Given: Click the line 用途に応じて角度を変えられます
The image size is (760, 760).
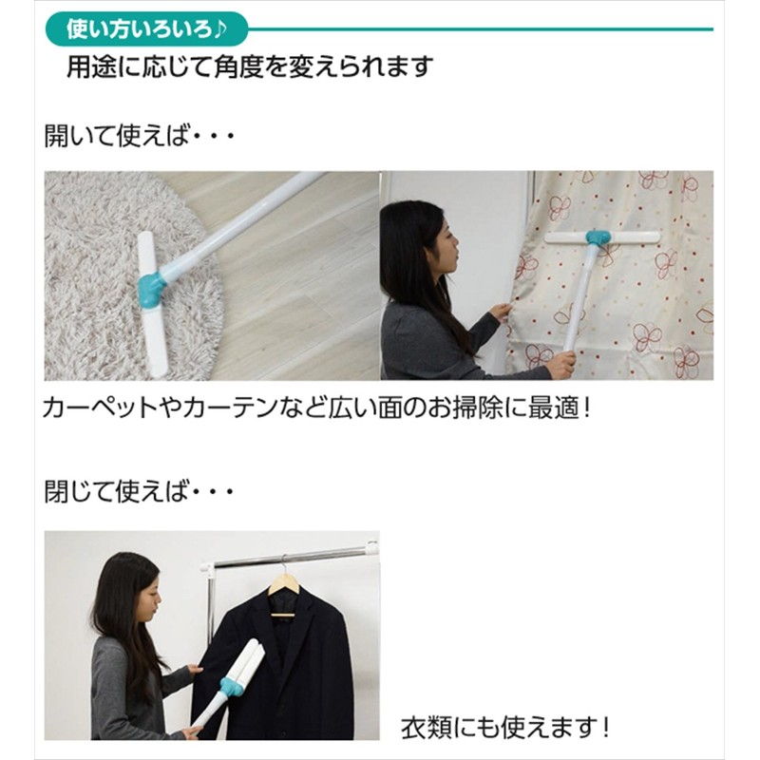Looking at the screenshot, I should tap(249, 66).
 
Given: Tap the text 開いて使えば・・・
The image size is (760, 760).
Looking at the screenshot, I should tap(139, 136).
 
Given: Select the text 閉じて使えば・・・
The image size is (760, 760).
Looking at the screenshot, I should tap(139, 493).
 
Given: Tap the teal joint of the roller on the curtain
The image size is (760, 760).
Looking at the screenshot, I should tap(598, 237).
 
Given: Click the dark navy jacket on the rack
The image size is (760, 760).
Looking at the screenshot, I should tap(294, 665).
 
